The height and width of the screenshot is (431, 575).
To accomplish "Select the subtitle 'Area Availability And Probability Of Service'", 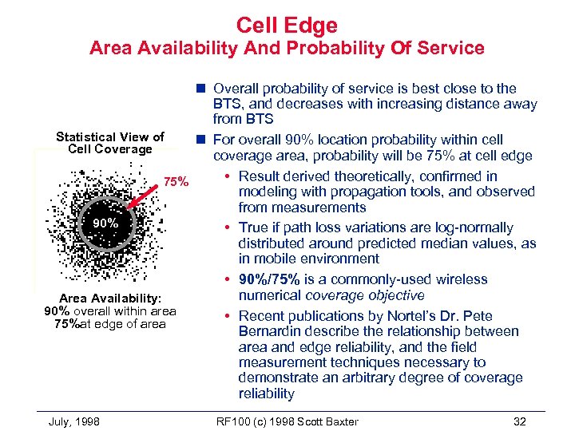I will [x=287, y=49].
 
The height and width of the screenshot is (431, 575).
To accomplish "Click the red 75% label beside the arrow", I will [x=176, y=183].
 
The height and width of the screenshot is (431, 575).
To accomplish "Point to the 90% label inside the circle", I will [x=105, y=223].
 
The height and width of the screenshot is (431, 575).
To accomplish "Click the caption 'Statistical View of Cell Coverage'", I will [x=109, y=143].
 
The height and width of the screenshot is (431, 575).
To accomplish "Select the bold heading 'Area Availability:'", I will [x=109, y=297].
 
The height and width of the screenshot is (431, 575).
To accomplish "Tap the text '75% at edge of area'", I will [x=109, y=323].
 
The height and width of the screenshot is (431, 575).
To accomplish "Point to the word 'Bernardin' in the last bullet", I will [x=270, y=331].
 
